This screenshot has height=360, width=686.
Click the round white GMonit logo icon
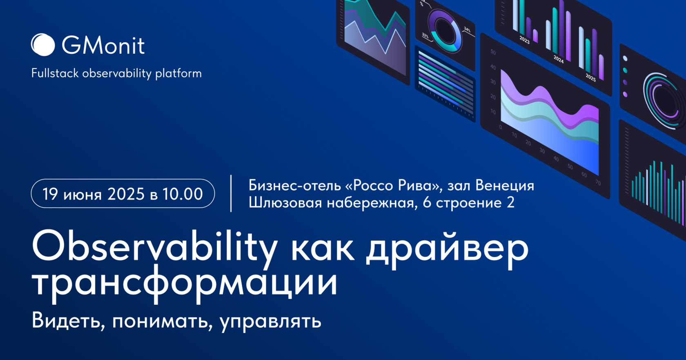pyautogui.click(x=43, y=44)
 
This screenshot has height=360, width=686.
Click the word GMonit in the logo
pyautogui.click(x=103, y=45)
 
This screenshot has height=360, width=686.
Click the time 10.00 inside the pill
pyautogui.click(x=183, y=194)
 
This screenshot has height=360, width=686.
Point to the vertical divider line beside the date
pyautogui.click(x=231, y=193)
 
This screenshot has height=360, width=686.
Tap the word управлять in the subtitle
pyautogui.click(x=270, y=321)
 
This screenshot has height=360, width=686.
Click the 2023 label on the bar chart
pyautogui.click(x=524, y=40)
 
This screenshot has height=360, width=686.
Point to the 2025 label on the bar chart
pyautogui.click(x=590, y=77)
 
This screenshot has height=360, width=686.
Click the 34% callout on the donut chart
pyautogui.click(x=467, y=30)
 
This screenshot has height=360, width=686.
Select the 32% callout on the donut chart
pyautogui.click(x=425, y=36)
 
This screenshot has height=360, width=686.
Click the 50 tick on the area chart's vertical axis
pyautogui.click(x=493, y=52)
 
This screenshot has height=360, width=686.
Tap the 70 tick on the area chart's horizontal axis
pyautogui.click(x=598, y=183)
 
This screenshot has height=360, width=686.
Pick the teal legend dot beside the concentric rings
pyautogui.click(x=625, y=71)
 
